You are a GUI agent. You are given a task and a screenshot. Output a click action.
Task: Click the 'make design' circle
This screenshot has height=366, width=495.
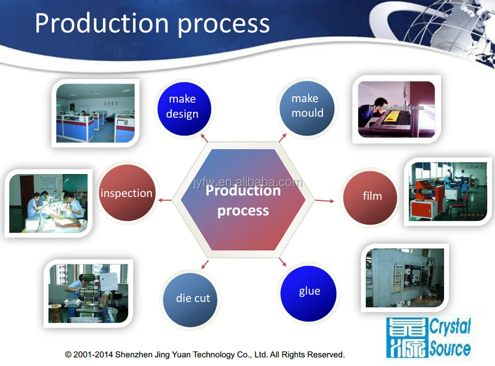point(183,107)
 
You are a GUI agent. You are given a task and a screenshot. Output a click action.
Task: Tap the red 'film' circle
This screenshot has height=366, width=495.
point(371,196)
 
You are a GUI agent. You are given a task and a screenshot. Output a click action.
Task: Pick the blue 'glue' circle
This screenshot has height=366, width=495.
point(309,292)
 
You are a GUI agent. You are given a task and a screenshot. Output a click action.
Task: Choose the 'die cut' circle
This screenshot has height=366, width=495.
point(193,299)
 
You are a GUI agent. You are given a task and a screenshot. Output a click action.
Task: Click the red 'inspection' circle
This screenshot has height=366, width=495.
point(127,193)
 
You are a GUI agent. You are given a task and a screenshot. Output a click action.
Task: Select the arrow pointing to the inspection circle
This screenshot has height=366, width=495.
point(165,200)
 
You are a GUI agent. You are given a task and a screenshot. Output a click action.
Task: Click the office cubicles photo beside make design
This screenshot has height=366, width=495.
point(95,113)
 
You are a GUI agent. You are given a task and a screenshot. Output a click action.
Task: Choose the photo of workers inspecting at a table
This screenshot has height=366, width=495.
point(48,202)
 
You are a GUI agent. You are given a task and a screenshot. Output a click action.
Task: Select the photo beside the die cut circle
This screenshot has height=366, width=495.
point(88,293)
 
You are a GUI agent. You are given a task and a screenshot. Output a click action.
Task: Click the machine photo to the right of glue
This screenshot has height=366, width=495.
point(404,277)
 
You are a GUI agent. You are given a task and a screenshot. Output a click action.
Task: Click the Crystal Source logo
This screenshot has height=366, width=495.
point(429,338)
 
